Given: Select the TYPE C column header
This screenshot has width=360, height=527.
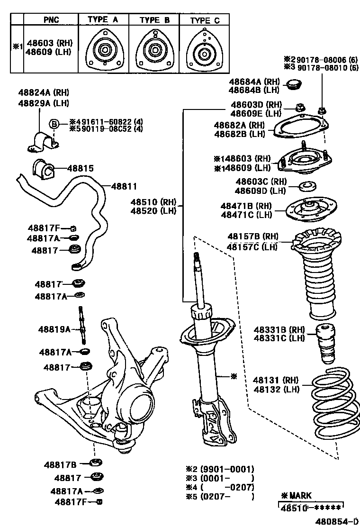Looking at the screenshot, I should [x=205, y=20].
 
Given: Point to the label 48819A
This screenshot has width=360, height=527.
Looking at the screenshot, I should [x=54, y=328].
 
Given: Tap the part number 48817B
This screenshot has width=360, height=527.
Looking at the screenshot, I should [x=61, y=464].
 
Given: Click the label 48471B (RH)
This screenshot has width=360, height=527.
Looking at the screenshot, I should [x=246, y=206].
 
